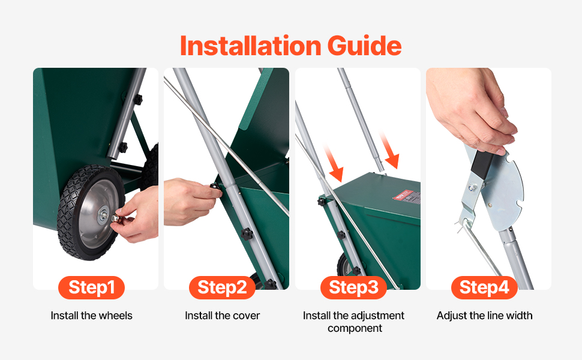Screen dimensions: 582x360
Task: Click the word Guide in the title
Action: [364, 46]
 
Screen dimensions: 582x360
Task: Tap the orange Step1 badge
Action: [91, 287]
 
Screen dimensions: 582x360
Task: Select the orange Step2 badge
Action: [223, 287]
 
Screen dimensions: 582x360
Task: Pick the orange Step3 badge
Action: [354, 287]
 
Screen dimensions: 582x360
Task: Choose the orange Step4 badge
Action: [484, 287]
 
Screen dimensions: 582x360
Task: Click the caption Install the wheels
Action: [91, 316]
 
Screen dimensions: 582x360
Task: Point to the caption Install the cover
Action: [223, 316]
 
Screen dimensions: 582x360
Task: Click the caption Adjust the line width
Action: [484, 316]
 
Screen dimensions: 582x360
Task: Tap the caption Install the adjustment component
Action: [354, 322]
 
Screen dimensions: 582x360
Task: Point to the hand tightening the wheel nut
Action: [139, 215]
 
